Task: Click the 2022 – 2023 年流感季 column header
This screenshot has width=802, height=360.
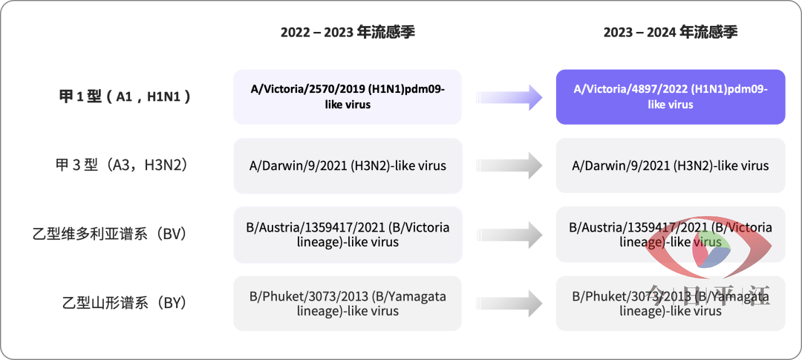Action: [348, 33]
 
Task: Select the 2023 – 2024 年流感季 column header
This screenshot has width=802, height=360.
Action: [671, 33]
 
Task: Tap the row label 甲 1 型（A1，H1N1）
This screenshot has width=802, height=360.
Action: [125, 96]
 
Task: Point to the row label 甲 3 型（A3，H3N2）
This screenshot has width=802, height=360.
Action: [121, 166]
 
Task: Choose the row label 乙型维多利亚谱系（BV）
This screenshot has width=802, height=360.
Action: [109, 235]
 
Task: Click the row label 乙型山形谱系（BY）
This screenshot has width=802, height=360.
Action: [124, 303]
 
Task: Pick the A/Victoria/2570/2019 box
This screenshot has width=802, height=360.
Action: [348, 96]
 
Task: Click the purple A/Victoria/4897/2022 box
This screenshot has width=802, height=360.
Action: [671, 96]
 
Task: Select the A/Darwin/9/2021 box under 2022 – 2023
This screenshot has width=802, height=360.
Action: [348, 166]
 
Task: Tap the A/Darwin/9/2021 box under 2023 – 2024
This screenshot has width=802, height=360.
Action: [671, 166]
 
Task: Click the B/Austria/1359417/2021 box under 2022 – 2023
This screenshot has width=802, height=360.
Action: [348, 235]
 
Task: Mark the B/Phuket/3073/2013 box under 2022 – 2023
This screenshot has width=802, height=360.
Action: [348, 304]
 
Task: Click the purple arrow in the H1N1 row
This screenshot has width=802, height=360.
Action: [509, 97]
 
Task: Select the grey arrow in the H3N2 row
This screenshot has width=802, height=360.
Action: [509, 166]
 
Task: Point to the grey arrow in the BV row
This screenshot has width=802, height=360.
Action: [509, 235]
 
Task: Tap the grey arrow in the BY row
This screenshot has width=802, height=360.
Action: [509, 304]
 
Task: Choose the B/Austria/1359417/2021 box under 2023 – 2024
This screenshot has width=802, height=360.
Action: [671, 235]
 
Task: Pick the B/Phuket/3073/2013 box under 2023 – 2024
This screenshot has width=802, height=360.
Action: [671, 304]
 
